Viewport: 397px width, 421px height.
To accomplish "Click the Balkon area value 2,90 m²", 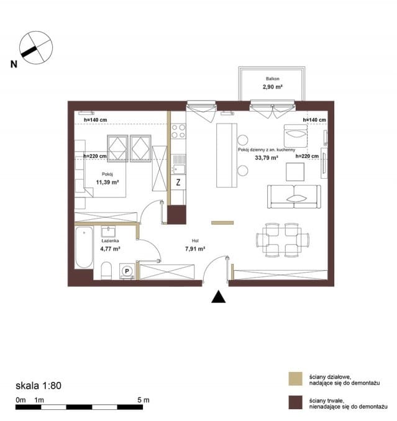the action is tap(272, 87).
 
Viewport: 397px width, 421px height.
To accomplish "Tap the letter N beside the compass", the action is tap(14, 64).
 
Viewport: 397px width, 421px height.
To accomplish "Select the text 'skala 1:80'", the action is tap(39, 386).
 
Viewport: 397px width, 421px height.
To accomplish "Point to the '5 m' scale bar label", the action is tap(143, 400).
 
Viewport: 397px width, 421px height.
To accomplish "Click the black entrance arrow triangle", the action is tap(218, 297).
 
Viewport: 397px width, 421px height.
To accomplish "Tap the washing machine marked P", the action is tap(127, 271).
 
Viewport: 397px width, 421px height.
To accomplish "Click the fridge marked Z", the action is tap(178, 183).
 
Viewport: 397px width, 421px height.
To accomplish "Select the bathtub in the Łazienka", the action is tap(84, 247).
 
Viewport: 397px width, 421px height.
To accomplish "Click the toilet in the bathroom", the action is tap(106, 270).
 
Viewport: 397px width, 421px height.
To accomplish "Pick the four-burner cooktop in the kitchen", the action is tap(178, 131).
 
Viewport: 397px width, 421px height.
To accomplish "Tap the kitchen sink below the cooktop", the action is tap(178, 165).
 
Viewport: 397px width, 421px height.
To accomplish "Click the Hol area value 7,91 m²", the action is tap(195, 249).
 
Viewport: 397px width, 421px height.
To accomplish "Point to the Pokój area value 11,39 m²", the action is tap(107, 183).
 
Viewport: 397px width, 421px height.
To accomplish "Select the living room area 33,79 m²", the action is tap(267, 158).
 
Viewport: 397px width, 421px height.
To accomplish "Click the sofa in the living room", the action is tap(294, 197).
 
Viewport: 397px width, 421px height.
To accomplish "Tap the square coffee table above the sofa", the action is tap(295, 172).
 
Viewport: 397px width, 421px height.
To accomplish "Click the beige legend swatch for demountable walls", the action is tap(296, 379).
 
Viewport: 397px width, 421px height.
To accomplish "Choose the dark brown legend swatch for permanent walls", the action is tap(296, 402).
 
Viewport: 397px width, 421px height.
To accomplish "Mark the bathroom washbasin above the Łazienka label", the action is tap(109, 231).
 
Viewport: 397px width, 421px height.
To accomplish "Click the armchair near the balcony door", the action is tap(296, 135).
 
